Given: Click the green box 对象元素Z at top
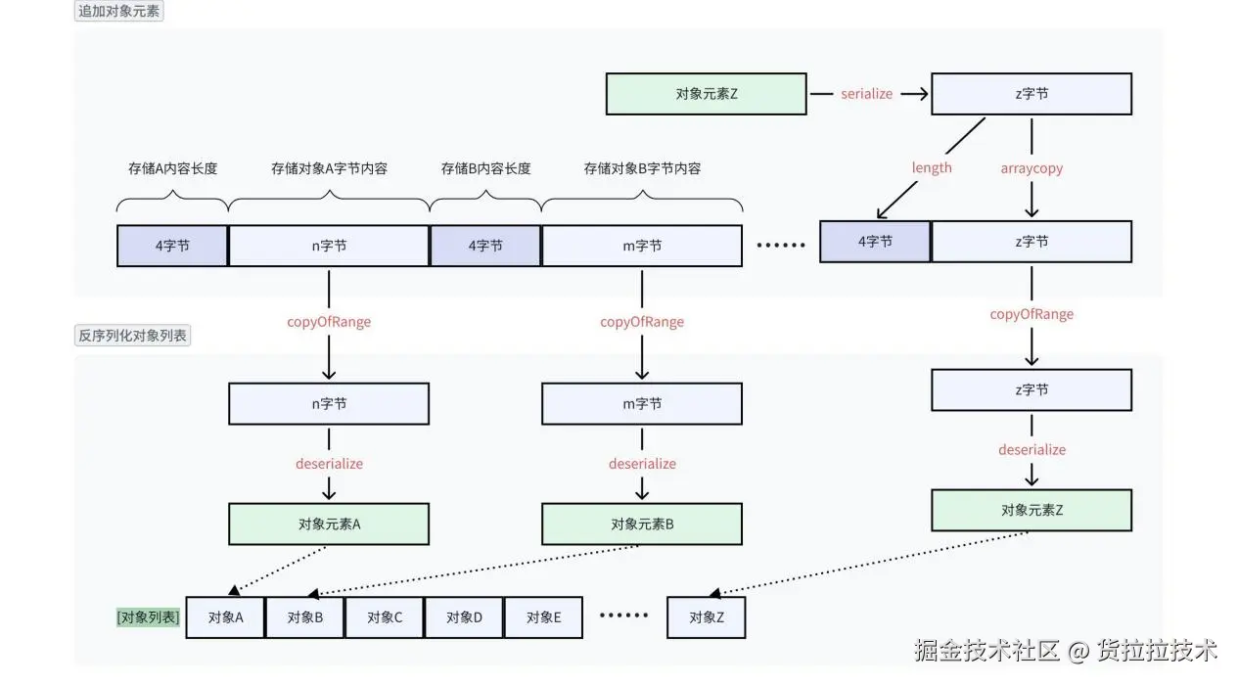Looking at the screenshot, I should tap(706, 94).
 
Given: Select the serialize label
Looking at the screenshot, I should tap(866, 94).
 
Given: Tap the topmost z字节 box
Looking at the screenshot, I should tap(1032, 94).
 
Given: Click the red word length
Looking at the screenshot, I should tap(932, 168).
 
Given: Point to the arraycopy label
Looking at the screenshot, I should tap(1032, 168).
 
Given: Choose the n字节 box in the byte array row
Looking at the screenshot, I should tap(329, 246).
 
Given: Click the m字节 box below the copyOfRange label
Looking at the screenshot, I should tap(642, 403).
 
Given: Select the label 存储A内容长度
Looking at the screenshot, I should tap(173, 168).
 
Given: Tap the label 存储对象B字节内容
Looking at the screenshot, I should tap(642, 168).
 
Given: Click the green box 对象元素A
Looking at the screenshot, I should tap(329, 524).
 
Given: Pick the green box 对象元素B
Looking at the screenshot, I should tap(642, 524).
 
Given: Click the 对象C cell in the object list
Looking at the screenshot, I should tap(385, 617).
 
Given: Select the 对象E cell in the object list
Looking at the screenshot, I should tap(543, 617).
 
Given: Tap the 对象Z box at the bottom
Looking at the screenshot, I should tap(707, 617).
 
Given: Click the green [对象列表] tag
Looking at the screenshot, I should tap(148, 617).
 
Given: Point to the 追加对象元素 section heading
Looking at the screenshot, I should tap(118, 13).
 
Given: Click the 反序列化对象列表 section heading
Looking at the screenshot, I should tap(132, 336).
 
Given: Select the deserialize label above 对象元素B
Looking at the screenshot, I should tap(642, 464).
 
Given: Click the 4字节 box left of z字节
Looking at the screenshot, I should tap(874, 242).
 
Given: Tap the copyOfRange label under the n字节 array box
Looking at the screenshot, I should tap(329, 322).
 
